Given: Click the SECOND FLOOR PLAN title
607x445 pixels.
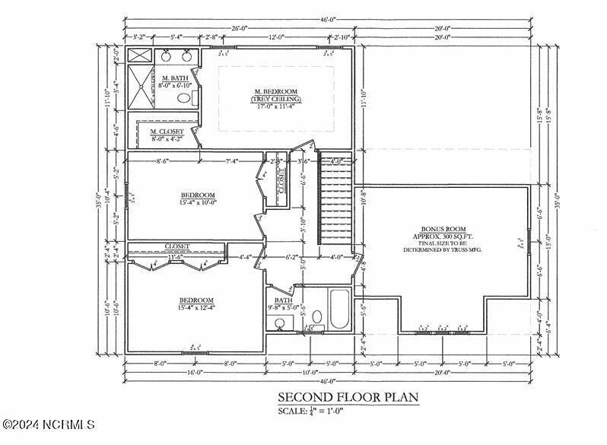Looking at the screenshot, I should (348, 397).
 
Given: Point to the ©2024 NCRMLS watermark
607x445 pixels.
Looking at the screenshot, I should (48, 424).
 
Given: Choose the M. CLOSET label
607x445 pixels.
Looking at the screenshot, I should (168, 132).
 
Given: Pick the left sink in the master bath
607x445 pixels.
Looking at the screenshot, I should (165, 55).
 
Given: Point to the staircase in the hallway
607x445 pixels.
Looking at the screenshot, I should (335, 201).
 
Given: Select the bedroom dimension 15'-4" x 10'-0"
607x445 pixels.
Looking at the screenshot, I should (198, 202).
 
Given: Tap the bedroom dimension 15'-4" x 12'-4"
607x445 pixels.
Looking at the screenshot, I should (196, 307).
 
